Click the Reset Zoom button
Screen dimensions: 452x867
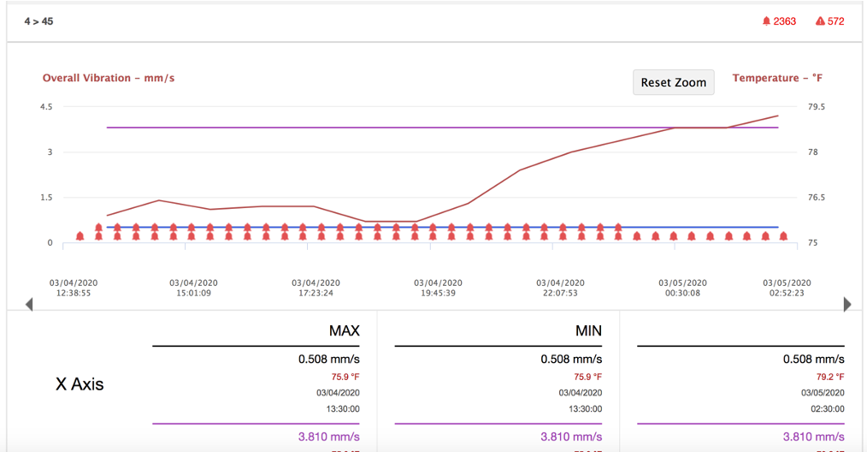pos(673,82)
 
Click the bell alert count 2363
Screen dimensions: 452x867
pos(779,21)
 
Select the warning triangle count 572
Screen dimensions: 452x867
pos(829,21)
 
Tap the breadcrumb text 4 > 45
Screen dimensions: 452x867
pos(38,21)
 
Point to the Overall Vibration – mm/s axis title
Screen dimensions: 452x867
pos(109,78)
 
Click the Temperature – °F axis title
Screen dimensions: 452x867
pos(777,78)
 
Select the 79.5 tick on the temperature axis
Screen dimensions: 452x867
pos(817,107)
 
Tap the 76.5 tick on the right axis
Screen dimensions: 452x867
pos(817,198)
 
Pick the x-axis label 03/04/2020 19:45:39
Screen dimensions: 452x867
pos(438,288)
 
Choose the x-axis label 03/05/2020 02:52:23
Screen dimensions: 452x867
pos(787,288)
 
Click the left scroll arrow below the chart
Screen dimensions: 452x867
pos(29,304)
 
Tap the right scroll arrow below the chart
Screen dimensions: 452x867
pos(847,304)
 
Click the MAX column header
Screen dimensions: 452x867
pos(344,330)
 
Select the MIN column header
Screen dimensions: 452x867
pos(588,330)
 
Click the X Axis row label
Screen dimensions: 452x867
pos(80,384)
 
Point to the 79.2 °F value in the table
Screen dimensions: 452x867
pos(829,377)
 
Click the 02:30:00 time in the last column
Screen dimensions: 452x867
pos(827,409)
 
